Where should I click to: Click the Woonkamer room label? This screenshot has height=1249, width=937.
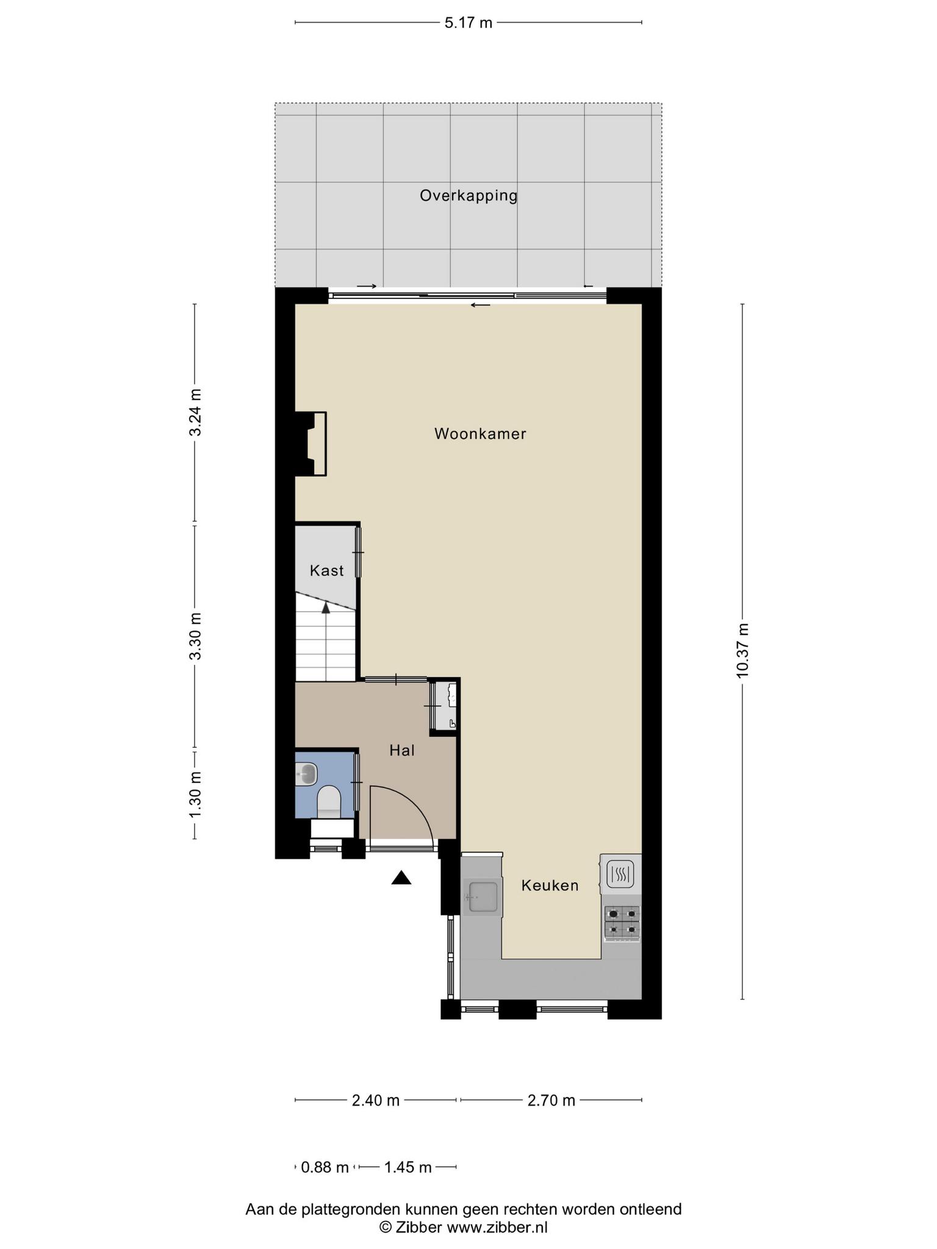[x=480, y=434]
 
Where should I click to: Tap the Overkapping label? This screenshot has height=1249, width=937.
[x=468, y=196]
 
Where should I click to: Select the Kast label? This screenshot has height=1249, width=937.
[x=326, y=570]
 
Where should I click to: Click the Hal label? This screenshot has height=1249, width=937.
[x=402, y=750]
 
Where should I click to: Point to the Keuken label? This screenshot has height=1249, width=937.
[x=550, y=885]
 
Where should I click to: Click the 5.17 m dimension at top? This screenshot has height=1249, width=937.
[x=468, y=23]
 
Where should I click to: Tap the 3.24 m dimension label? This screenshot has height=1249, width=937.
[x=195, y=412]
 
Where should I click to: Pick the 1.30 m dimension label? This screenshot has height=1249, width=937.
[x=195, y=795]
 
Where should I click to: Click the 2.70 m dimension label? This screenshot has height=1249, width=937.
[x=551, y=1100]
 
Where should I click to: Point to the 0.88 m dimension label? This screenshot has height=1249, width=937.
[x=325, y=1167]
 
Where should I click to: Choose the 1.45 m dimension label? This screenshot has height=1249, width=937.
[x=407, y=1167]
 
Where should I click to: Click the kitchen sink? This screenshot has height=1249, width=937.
[x=481, y=896]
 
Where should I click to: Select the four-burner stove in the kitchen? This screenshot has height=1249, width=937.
[x=622, y=922]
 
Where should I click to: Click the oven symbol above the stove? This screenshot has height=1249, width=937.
[x=620, y=874]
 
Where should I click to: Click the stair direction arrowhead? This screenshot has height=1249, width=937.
[x=326, y=607]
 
